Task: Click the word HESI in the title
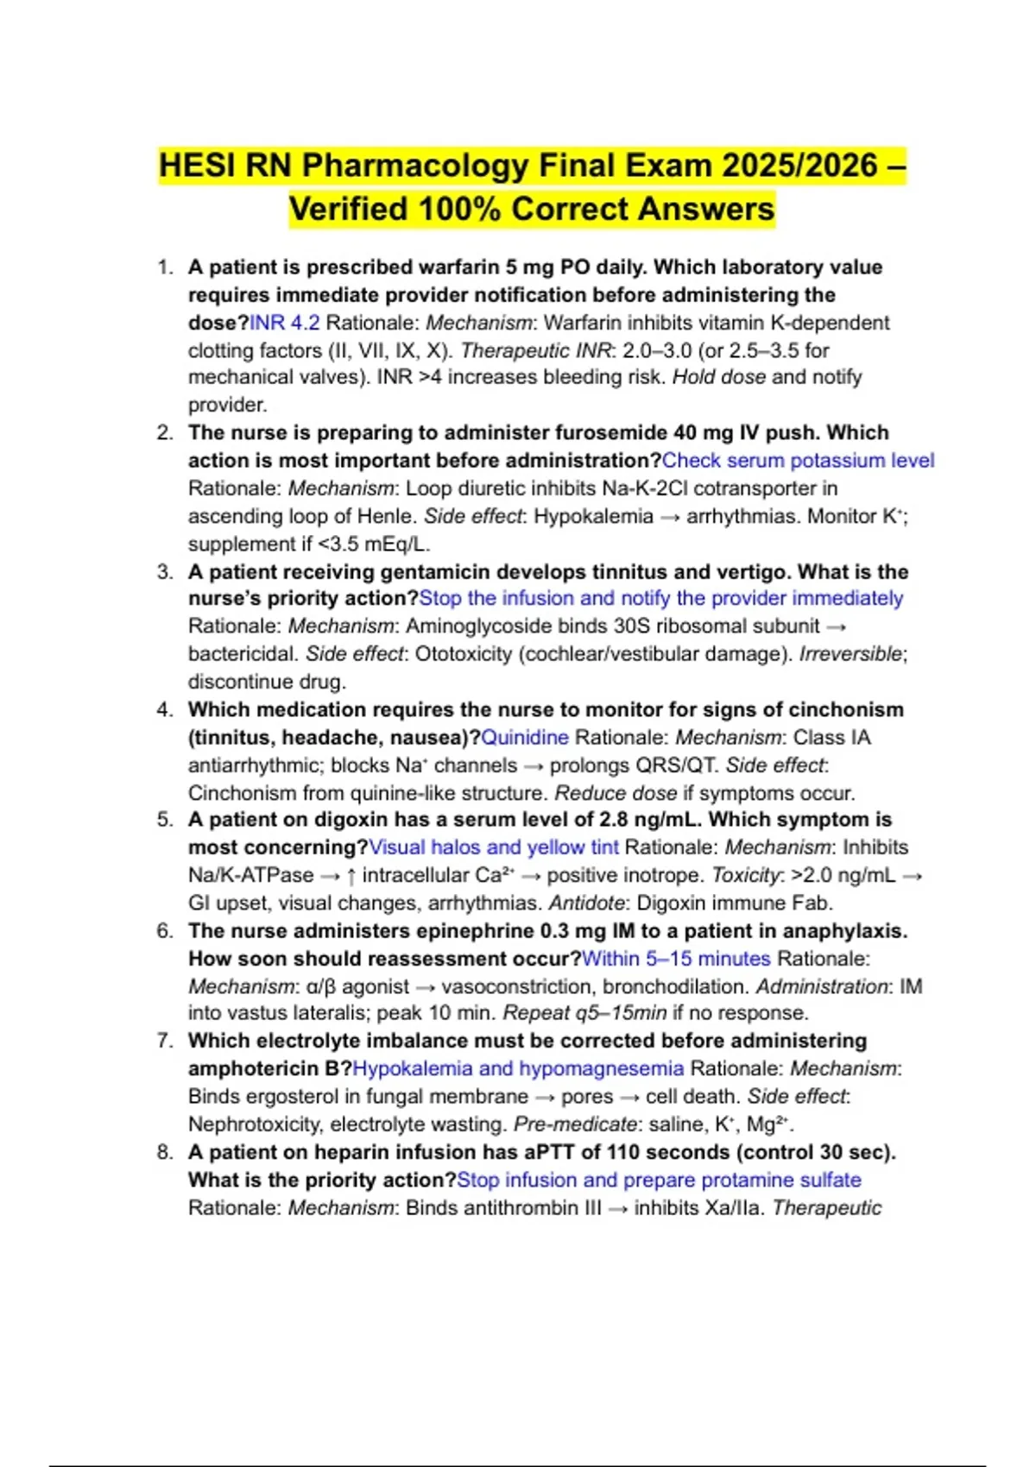tap(198, 166)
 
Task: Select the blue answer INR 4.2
tap(285, 323)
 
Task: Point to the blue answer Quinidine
tap(525, 738)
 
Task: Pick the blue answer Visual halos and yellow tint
tap(494, 847)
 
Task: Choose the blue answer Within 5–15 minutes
tap(676, 959)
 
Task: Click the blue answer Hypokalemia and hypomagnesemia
tap(518, 1069)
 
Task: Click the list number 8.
tap(165, 1152)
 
